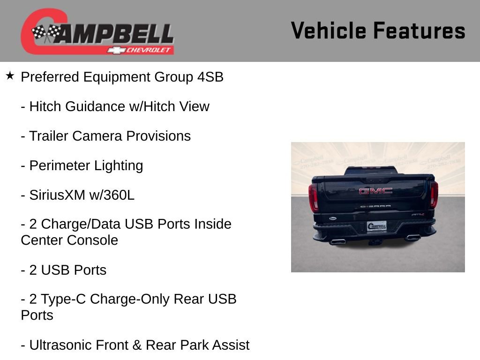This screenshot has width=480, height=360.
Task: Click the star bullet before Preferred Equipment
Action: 10,75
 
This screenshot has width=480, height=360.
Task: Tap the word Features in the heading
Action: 419,31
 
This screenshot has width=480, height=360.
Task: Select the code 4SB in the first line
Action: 210,77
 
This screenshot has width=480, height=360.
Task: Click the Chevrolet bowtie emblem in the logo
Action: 115,50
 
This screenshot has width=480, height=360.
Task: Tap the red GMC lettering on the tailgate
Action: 375,191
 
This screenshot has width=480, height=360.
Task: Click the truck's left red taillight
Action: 313,197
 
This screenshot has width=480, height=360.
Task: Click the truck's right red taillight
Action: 434,194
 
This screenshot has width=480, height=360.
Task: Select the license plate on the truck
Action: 376,226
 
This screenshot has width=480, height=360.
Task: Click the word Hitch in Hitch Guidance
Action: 45,106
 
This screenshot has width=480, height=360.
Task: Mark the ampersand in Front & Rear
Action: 137,345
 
